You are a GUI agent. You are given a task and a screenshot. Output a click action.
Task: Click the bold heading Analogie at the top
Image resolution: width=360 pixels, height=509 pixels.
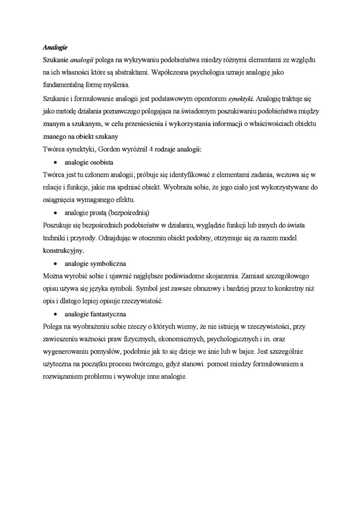click(55, 48)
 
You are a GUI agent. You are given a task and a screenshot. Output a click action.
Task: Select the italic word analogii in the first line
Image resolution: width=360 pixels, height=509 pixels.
click(81, 61)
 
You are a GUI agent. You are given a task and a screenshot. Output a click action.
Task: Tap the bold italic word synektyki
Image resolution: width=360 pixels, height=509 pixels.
click(241, 99)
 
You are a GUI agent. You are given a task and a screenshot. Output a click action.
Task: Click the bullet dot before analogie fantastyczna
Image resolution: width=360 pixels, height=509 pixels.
click(55, 314)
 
